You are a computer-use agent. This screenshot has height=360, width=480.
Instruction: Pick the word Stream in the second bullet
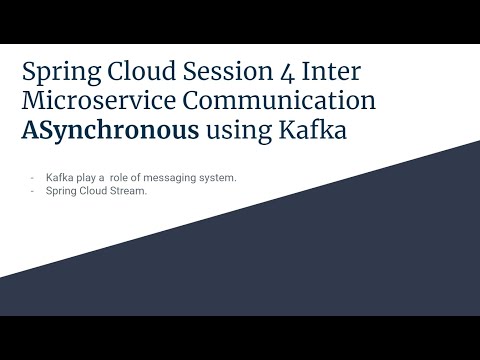click(127, 191)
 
